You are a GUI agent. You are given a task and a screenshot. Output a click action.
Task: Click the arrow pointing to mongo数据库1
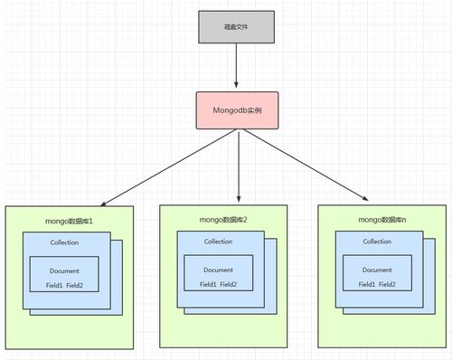pos(163,167)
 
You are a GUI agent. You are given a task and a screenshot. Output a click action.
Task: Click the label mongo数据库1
pos(70,221)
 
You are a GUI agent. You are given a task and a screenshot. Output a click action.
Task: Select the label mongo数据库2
pos(223,219)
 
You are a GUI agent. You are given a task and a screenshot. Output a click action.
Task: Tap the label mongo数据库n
pos(381,219)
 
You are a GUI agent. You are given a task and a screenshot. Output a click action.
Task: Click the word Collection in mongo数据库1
pos(65,244)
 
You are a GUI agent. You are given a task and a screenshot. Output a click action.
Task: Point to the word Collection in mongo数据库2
pos(218,242)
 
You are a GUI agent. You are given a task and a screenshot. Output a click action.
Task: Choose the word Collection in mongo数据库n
pos(377,242)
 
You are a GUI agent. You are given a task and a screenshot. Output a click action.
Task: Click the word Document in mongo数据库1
pos(65,270)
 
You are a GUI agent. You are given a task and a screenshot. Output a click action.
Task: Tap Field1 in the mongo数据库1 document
pos(53,286)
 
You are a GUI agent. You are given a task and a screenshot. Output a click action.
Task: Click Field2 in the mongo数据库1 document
pos(76,286)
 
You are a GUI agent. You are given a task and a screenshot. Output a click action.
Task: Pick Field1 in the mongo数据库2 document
pos(207,284)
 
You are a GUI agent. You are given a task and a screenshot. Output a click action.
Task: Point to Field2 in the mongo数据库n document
pos(389,284)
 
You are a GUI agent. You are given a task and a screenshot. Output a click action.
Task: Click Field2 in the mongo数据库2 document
pos(229,284)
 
